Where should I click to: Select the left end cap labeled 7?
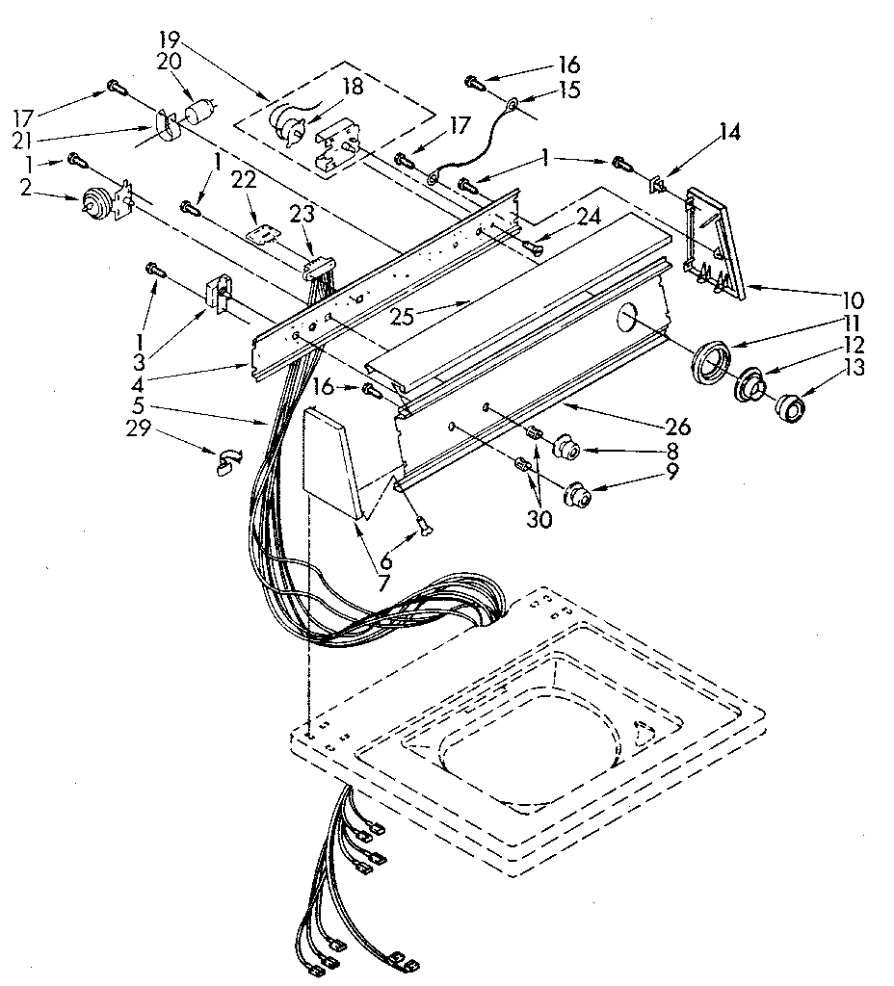pos(330,462)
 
